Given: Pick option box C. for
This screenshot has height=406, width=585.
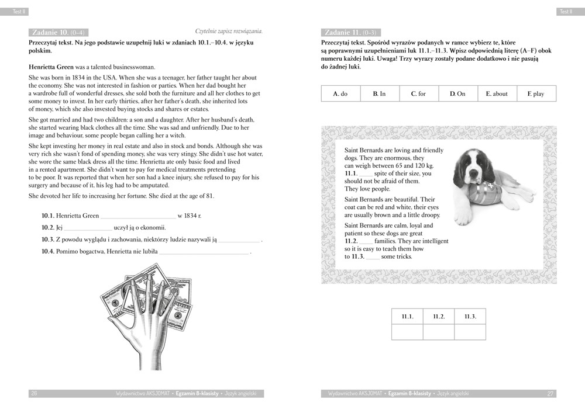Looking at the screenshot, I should (419, 93).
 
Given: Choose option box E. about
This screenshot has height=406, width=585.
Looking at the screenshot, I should (497, 93).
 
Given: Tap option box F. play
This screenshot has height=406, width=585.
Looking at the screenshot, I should (536, 93).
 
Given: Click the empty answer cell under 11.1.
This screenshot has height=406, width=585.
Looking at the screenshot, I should (407, 332).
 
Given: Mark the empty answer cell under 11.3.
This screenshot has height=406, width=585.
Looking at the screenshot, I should (470, 332).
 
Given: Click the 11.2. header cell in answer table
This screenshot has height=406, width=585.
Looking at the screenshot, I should (439, 317).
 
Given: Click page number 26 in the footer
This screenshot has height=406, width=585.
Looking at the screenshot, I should (34, 394).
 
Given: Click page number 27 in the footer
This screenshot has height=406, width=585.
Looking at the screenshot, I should (550, 394).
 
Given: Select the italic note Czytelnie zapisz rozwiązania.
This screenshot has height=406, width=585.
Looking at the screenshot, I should (229, 31).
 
